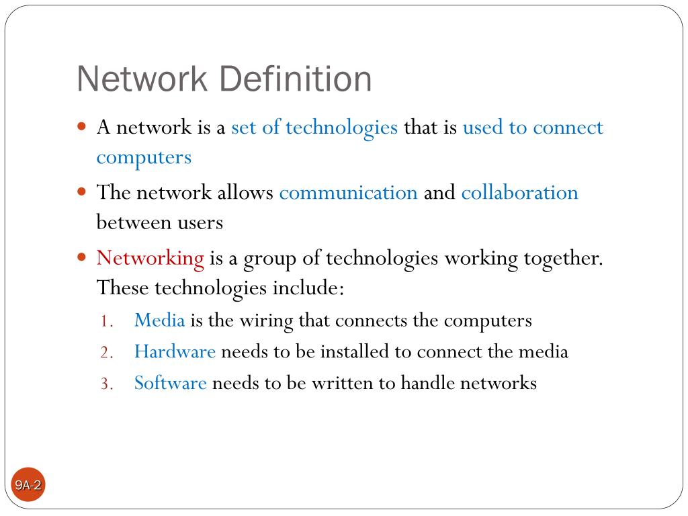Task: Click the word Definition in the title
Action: point(295,79)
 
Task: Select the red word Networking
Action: point(150,258)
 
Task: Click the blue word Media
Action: point(159,320)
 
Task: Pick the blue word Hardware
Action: point(175,351)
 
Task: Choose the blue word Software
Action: point(170,383)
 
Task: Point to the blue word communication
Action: point(348,193)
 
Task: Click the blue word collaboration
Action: point(519,193)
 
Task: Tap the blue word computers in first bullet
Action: point(144,157)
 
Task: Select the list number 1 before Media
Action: point(105,322)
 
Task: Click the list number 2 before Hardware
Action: point(105,353)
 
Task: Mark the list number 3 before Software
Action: point(105,384)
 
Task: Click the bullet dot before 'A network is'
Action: point(83,126)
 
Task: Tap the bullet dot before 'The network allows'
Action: point(83,191)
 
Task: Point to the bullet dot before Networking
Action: point(83,257)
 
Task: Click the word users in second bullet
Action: point(199,222)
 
